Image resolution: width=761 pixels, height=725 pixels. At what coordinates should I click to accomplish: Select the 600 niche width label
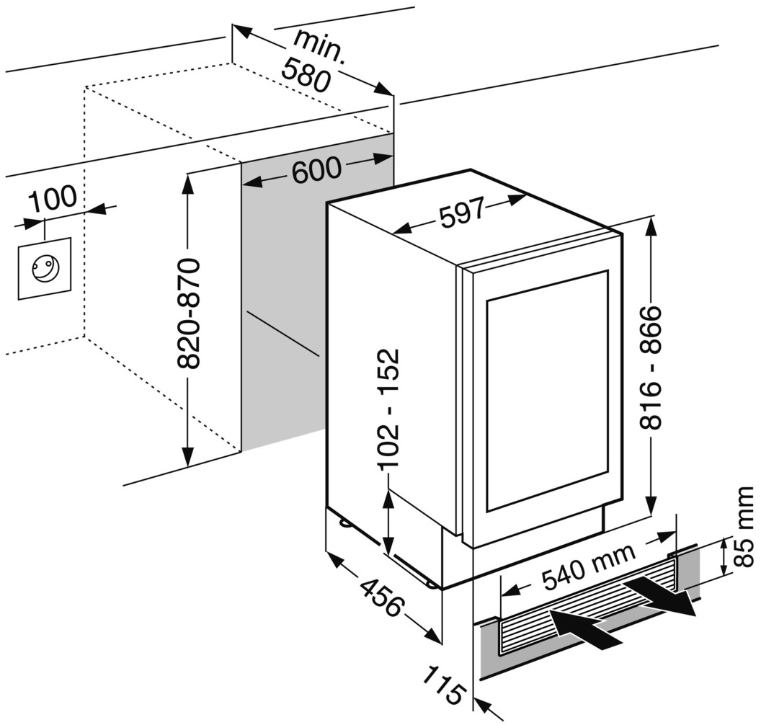[316, 169]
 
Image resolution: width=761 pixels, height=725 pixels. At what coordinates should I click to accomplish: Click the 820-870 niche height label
[189, 313]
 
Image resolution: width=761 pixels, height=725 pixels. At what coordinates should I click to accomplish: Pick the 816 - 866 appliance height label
[650, 368]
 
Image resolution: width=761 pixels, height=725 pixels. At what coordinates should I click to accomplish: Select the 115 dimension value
[442, 685]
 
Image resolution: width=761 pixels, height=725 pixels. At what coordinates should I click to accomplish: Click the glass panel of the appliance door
[548, 389]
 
